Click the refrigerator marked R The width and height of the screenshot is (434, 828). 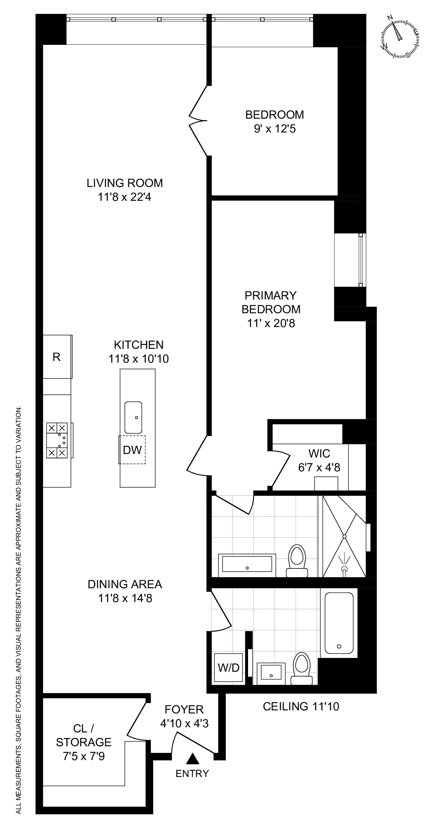point(57,357)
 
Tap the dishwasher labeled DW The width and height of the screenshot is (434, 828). point(132,450)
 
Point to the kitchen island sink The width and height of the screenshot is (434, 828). point(133,417)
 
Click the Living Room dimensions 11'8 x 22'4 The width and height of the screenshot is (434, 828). point(125,197)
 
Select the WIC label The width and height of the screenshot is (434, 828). point(319,453)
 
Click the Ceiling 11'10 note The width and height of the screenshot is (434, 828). point(301,706)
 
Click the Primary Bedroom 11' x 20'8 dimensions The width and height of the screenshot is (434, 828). point(271,323)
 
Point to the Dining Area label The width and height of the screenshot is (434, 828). point(125,584)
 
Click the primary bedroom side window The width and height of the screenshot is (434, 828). point(361,260)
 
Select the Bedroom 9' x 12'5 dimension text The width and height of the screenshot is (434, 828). point(275,129)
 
